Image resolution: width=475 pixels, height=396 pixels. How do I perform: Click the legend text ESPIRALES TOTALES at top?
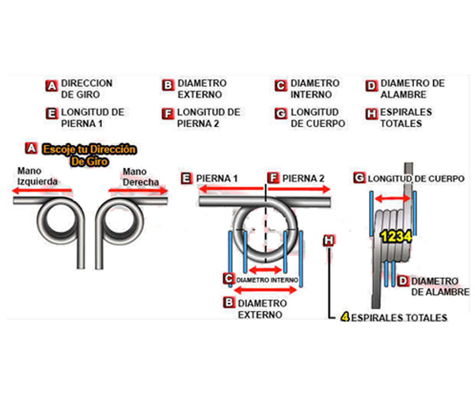click(x=406, y=118)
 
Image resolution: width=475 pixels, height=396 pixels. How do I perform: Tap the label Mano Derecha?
click(x=140, y=176)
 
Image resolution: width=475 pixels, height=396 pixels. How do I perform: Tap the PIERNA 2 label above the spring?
click(x=302, y=178)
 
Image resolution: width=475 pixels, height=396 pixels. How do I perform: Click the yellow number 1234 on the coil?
click(x=393, y=236)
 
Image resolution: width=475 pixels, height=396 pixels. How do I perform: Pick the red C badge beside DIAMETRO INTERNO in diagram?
click(x=229, y=279)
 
